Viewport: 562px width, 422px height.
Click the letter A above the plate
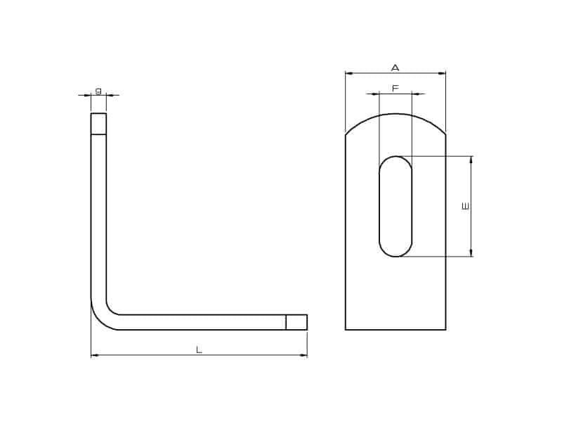(395, 68)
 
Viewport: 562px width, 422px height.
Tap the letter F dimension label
(396, 89)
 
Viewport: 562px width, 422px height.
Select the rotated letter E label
(465, 206)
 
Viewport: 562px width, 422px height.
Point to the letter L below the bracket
(199, 350)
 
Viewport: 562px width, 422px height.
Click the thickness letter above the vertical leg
(98, 91)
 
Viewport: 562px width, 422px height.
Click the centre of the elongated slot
(396, 206)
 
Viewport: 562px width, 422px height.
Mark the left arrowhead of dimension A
(349, 73)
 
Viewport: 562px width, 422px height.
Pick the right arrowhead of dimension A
(442, 73)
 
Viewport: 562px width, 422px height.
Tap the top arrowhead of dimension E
(471, 160)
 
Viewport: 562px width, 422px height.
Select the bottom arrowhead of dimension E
(471, 252)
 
